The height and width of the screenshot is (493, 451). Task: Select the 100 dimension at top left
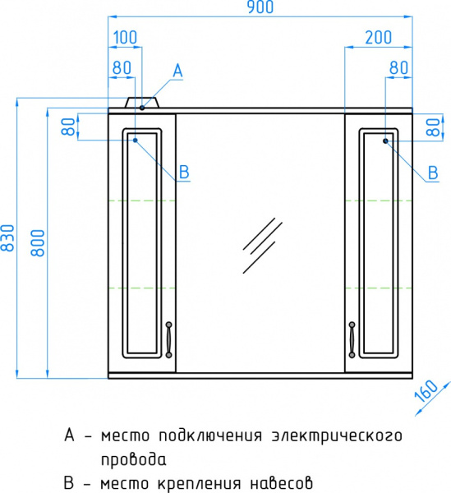click(125, 38)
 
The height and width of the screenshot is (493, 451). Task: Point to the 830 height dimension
click(8, 238)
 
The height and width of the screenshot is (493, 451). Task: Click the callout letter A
click(177, 72)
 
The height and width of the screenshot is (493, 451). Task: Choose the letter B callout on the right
click(432, 173)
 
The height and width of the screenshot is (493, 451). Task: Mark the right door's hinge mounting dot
click(384, 141)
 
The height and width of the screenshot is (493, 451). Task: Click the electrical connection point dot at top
click(142, 107)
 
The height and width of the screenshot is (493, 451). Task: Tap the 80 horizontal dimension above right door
click(399, 69)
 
